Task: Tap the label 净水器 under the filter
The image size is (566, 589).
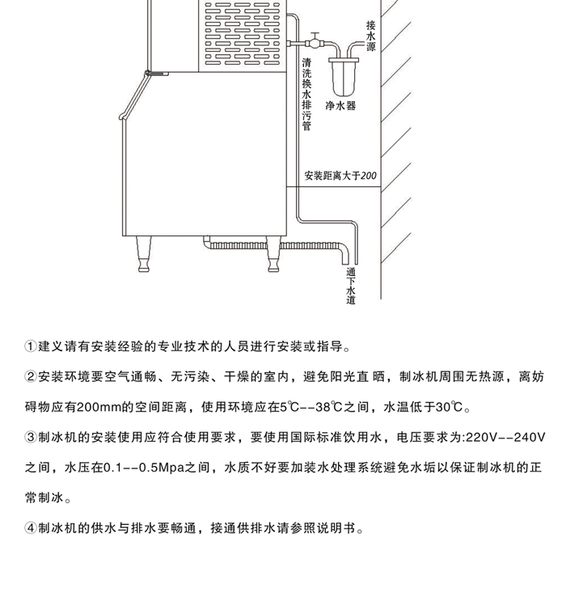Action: (x=340, y=106)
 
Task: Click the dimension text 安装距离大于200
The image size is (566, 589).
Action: (x=340, y=175)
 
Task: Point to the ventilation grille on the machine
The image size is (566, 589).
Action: (x=242, y=33)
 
